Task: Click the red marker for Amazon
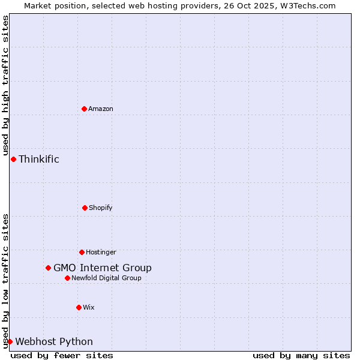tap(84, 109)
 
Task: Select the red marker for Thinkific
tap(13, 159)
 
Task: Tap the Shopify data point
tap(85, 208)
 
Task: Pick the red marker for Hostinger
tap(82, 252)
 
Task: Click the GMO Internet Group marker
tap(48, 268)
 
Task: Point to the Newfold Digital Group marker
tap(67, 278)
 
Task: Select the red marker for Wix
tap(79, 307)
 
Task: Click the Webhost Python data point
tap(10, 341)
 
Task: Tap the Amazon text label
tap(101, 109)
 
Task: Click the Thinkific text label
tap(39, 159)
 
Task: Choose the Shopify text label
tap(101, 208)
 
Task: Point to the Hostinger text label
tap(101, 252)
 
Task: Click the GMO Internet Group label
tap(103, 268)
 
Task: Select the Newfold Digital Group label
tap(107, 278)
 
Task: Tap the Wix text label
tap(89, 307)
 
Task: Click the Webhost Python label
tap(54, 341)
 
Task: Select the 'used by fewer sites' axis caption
tap(62, 355)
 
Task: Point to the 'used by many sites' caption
tap(301, 355)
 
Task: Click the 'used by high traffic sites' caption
tap(5, 85)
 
